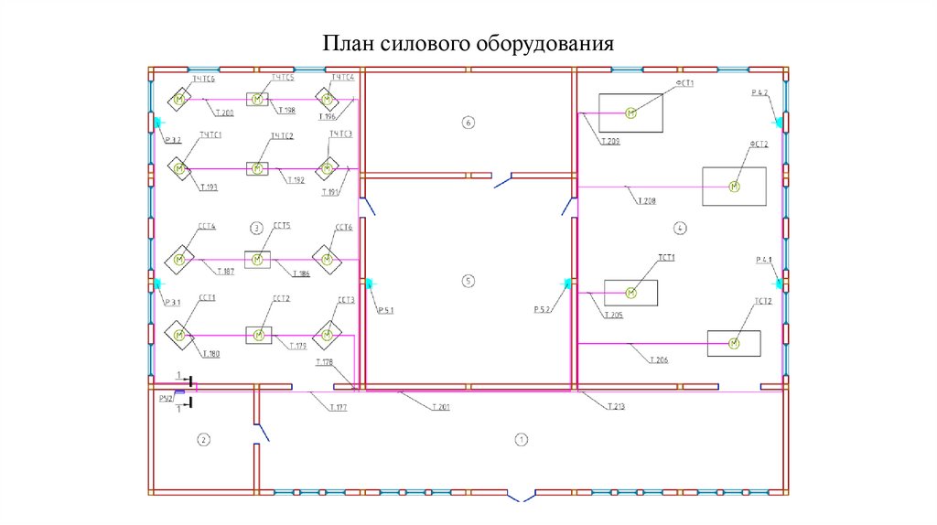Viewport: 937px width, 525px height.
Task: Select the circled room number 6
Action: pos(468,123)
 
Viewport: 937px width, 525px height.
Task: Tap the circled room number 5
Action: pos(468,281)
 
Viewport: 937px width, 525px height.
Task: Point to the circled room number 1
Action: pos(521,440)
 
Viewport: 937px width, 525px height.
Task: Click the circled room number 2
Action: pos(204,440)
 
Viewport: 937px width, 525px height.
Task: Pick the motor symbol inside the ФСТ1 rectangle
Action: pos(630,112)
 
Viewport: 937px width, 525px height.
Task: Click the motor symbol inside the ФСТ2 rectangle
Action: pos(733,187)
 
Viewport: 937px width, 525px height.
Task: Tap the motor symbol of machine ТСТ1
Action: pos(630,293)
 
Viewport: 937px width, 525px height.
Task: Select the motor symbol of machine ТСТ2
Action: pos(733,343)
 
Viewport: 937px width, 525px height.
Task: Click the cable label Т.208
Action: pos(648,200)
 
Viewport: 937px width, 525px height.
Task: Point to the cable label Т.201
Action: pos(442,406)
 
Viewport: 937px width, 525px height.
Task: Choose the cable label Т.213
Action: pos(615,406)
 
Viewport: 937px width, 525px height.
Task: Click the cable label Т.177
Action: pos(339,406)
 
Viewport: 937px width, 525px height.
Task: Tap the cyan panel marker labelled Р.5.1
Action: pos(369,284)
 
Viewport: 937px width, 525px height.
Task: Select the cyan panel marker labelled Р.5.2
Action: pos(567,284)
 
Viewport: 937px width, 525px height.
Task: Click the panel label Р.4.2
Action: pos(760,94)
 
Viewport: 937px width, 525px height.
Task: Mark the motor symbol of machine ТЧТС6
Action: pos(180,100)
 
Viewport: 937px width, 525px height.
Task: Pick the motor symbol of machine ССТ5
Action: pos(257,260)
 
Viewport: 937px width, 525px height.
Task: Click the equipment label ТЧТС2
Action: pos(281,136)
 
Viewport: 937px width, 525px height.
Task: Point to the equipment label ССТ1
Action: pos(206,298)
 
